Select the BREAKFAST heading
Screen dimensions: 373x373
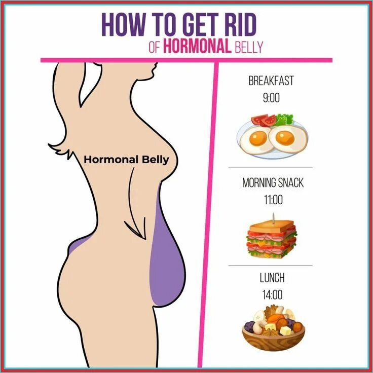pos(271,81)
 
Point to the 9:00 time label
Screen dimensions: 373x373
pos(271,98)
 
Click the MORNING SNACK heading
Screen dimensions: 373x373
pos(272,182)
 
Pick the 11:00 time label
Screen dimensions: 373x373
pos(272,200)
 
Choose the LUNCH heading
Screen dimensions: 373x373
pos(272,277)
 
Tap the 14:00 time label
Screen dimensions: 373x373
pos(272,294)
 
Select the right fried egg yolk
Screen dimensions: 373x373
pos(283,136)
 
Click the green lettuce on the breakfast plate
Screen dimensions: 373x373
pos(285,120)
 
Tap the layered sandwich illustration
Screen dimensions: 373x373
pos(272,239)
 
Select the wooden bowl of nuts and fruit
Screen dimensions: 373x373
pos(274,339)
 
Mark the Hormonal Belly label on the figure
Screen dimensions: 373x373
pos(126,159)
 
